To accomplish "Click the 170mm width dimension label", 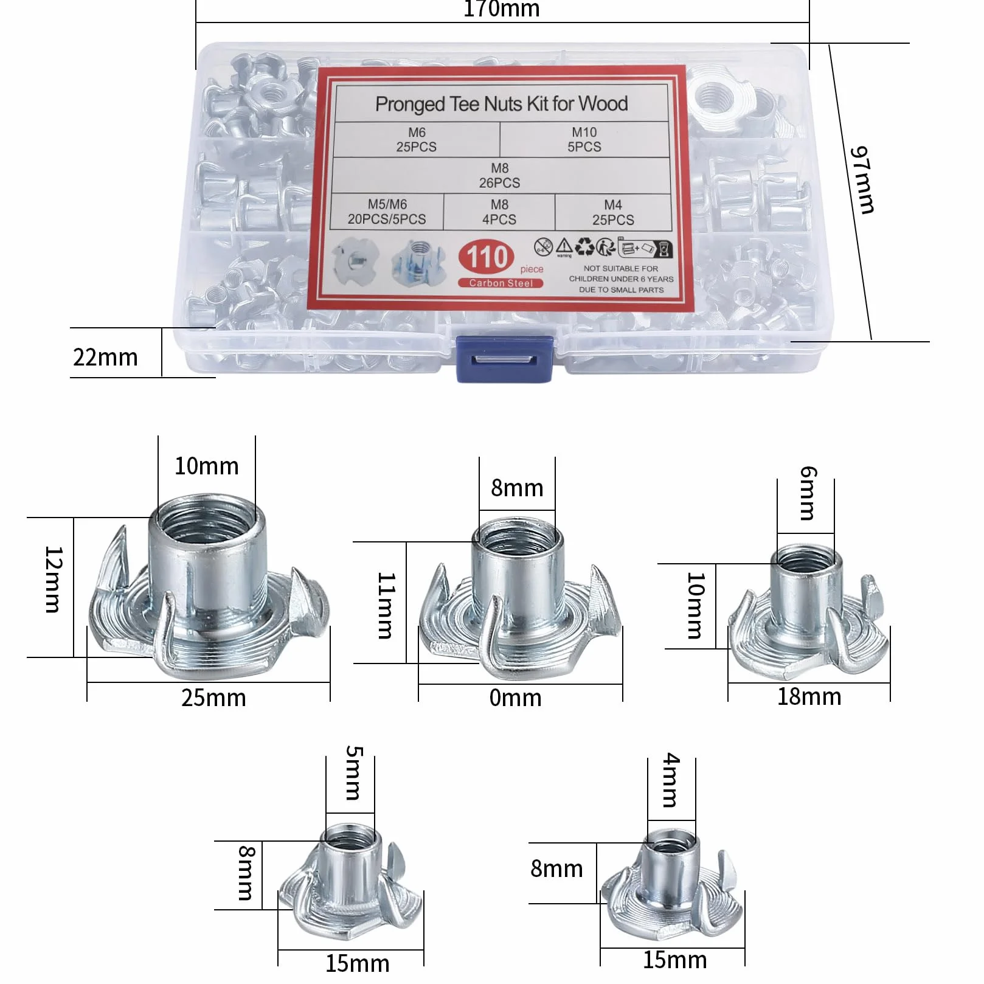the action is pos(502,9).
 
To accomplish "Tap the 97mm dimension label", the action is pos(862,180).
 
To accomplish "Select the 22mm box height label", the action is pos(105,357).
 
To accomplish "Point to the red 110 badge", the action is pos(487,257).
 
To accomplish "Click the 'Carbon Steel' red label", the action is pos(501,283).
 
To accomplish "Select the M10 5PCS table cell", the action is pos(584,139).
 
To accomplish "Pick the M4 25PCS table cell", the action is pos(613,212).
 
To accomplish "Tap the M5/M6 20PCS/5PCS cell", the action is pos(387,212).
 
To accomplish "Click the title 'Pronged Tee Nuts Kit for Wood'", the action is pos(502,104).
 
